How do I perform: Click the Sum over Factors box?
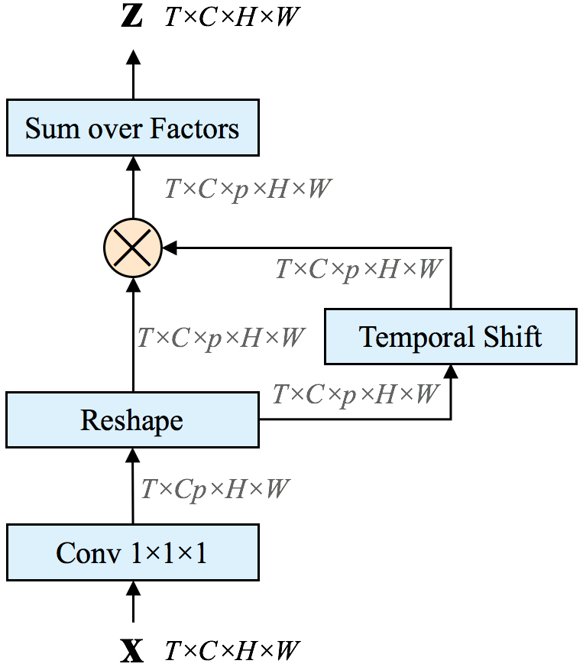[x=133, y=128]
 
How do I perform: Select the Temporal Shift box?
[x=451, y=336]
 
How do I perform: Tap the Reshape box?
[x=132, y=420]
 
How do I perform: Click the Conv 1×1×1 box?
[x=133, y=552]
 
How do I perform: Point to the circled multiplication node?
[x=133, y=248]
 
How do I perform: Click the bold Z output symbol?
[x=131, y=17]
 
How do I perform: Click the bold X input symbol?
[x=132, y=650]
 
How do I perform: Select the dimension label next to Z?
[x=232, y=17]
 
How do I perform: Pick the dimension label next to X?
[x=232, y=650]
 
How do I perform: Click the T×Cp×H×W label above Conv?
[x=215, y=489]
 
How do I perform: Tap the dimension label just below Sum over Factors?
[x=248, y=189]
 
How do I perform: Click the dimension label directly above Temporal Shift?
[x=359, y=269]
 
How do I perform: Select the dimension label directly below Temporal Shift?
[x=356, y=394]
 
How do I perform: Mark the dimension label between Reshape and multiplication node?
[x=222, y=338]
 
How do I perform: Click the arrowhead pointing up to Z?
[x=133, y=57]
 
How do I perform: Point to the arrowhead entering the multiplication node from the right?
[x=170, y=248]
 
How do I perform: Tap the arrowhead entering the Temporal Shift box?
[x=451, y=372]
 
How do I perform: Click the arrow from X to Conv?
[x=133, y=602]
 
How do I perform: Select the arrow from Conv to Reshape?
[x=133, y=486]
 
